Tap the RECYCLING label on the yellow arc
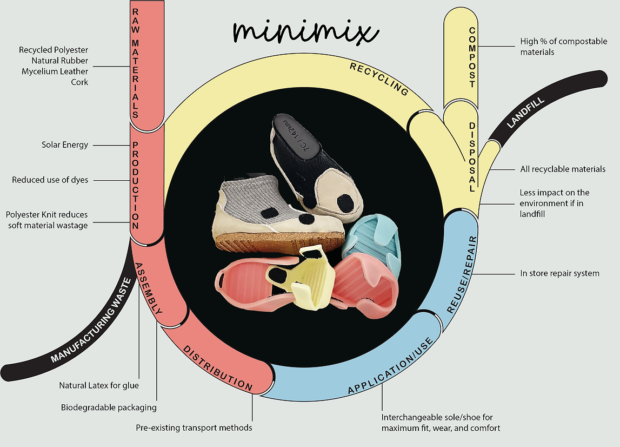pos(379,79)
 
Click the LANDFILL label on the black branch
pos(525,110)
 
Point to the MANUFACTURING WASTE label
pos(91,320)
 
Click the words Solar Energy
pos(65,145)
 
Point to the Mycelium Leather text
pos(55,71)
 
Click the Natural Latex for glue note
pos(99,386)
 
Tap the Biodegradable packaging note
pos(109,407)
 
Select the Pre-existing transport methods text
pos(194,428)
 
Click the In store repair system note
pos(559,273)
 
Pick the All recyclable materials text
pos(562,169)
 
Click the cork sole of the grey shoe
pos(281,241)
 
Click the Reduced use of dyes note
pos(50,180)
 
